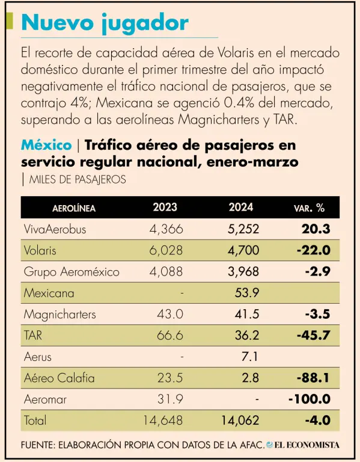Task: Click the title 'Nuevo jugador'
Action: [105, 23]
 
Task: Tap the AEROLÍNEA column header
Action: [74, 208]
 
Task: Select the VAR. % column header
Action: [309, 208]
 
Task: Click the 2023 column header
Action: [165, 207]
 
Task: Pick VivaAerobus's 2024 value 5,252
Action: [243, 229]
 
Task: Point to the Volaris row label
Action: [40, 250]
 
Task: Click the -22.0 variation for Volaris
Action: [314, 250]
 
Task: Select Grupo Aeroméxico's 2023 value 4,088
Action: [166, 271]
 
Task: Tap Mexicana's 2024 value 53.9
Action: [247, 293]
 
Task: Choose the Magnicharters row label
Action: [59, 315]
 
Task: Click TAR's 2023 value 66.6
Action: [170, 335]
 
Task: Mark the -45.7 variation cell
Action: [314, 335]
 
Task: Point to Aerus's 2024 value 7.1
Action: [249, 357]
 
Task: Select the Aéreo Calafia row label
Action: [59, 378]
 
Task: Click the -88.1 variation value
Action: [313, 378]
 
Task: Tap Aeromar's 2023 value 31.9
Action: [170, 399]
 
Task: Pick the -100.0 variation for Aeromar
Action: [310, 399]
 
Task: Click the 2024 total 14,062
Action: [240, 420]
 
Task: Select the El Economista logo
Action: [303, 445]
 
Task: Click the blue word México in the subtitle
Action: [46, 145]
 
